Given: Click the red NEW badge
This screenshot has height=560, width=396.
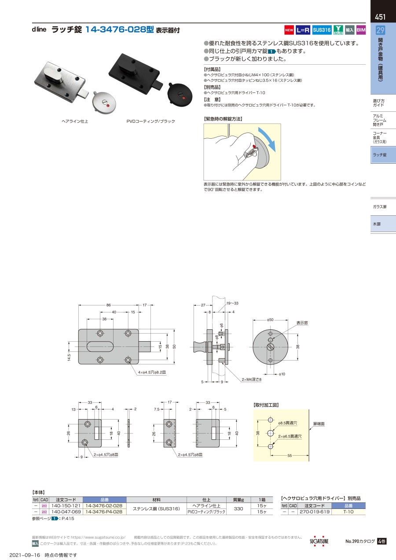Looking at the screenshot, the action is pos(289,30).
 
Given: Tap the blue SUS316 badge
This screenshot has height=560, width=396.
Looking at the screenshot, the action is pos(322,30).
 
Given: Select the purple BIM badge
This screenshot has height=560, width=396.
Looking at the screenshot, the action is pos(361,30).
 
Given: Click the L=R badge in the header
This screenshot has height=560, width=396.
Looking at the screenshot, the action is pos(303,30).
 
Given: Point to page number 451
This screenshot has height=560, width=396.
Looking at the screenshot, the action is pos(380,17).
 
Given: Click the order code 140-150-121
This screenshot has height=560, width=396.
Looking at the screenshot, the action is pos(66,505).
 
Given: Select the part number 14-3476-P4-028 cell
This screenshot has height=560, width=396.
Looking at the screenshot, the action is pos(104,512).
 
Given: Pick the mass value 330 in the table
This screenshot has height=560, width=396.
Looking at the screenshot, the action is pos(238,508).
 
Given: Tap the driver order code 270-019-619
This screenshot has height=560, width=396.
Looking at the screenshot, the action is pos(315,512).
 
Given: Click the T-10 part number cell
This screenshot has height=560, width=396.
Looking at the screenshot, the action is pos(348,512).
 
